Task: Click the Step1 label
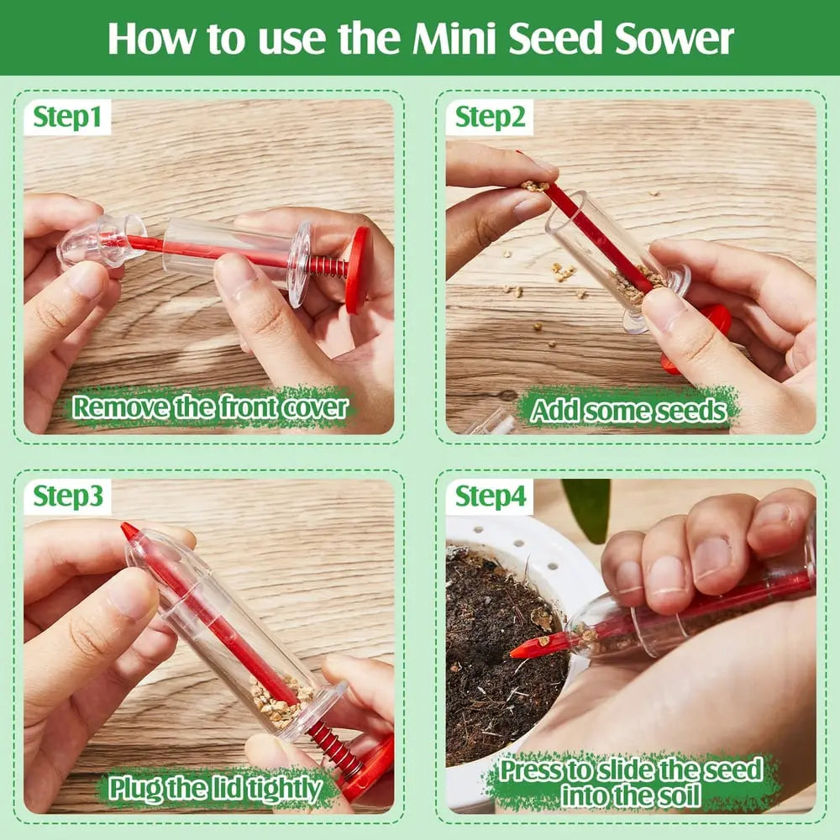(71, 118)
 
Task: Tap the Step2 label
(491, 118)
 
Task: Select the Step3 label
(71, 497)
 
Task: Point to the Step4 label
(491, 497)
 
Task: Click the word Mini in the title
(453, 39)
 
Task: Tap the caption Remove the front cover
(210, 407)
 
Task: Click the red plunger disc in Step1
(357, 269)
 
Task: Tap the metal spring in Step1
(328, 268)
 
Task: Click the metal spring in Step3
(333, 747)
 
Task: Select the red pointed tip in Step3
(129, 533)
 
